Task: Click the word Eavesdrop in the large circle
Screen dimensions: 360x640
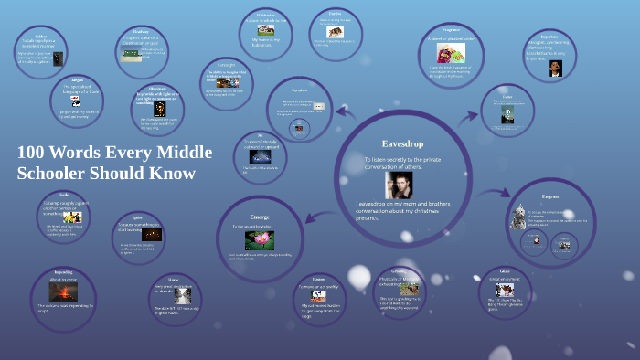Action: [x=401, y=143]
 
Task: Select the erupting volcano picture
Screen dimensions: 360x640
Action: [x=63, y=291]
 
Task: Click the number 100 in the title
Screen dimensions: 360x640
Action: [x=34, y=152]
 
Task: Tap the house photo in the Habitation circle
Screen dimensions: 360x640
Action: [x=266, y=29]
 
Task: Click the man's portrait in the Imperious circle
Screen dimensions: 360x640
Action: [x=555, y=69]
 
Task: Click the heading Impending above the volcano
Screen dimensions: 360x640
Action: [x=62, y=272]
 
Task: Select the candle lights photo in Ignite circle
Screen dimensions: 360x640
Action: [x=152, y=235]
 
